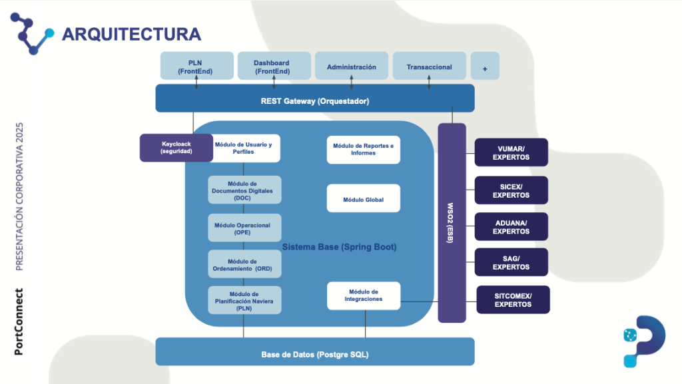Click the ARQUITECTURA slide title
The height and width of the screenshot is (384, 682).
click(x=131, y=34)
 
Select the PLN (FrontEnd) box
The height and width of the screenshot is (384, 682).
click(x=197, y=66)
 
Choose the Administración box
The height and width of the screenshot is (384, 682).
click(x=351, y=67)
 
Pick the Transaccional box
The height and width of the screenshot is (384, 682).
click(x=429, y=67)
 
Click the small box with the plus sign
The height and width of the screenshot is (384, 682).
click(x=485, y=67)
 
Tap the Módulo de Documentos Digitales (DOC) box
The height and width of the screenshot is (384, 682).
click(x=244, y=190)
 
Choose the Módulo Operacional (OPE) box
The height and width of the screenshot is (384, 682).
click(x=244, y=228)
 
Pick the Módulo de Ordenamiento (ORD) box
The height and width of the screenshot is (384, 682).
click(x=244, y=265)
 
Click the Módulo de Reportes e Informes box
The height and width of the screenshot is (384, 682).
click(x=363, y=149)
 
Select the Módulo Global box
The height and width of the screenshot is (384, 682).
click(x=363, y=199)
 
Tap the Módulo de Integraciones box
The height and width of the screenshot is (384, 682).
click(x=363, y=295)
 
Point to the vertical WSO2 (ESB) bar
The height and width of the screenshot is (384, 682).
click(x=452, y=223)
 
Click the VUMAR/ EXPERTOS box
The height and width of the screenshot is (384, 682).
click(x=511, y=152)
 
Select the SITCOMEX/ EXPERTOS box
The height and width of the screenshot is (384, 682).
click(x=513, y=299)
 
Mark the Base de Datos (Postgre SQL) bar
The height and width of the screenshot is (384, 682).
click(x=314, y=352)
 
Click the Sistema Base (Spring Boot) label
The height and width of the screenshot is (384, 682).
click(x=340, y=247)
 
